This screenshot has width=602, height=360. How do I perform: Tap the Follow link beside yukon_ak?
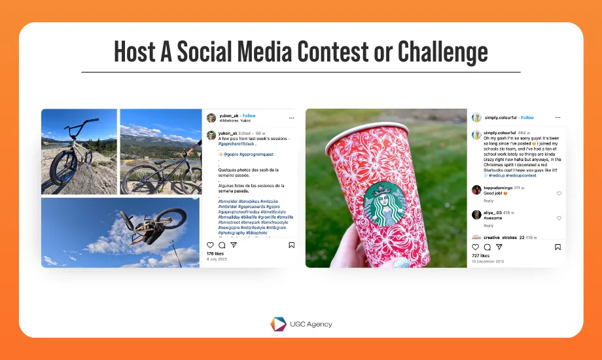249,116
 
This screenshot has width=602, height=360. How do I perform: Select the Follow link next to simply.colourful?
527,118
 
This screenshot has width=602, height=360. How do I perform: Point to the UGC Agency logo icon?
278,324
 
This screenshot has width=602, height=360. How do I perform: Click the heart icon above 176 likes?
210,245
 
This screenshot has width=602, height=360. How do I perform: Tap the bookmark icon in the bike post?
291,245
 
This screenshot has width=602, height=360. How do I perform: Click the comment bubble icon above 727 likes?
487,247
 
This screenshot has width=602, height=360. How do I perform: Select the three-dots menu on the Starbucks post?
558,118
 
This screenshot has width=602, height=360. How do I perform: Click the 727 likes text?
480,256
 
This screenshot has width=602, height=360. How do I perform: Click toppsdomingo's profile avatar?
476,190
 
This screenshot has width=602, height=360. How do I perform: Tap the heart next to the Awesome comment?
559,218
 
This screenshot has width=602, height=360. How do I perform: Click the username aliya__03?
493,213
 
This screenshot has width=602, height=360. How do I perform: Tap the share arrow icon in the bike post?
234,245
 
